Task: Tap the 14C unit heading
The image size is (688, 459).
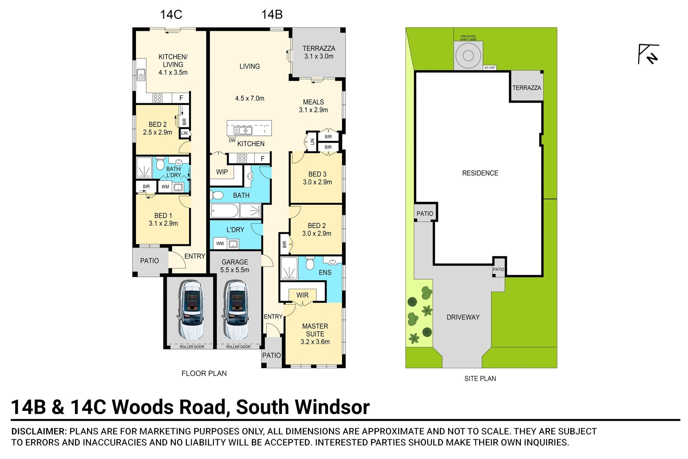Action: point(171,15)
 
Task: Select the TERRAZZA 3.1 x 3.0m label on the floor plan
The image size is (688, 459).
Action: point(318,52)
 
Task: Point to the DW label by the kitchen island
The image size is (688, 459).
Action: point(232,141)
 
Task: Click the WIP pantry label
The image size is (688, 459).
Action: point(222,172)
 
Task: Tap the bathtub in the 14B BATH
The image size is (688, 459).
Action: point(225,211)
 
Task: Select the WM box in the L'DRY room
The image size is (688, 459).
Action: point(220,244)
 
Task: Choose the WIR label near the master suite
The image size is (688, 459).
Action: point(302,295)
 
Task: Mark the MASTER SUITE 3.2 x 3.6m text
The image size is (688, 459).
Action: point(315,334)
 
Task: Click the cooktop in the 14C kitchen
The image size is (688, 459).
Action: point(157,98)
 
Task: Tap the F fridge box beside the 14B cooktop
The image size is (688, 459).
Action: point(262,159)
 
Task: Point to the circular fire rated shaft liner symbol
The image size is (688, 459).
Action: point(468,56)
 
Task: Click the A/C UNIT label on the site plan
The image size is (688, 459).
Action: point(490,68)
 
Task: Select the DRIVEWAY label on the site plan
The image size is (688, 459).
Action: point(463,317)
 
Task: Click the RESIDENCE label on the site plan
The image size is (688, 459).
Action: point(480,173)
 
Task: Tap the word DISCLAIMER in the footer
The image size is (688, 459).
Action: point(39,432)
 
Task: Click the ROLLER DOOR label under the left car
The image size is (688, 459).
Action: point(192,347)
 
